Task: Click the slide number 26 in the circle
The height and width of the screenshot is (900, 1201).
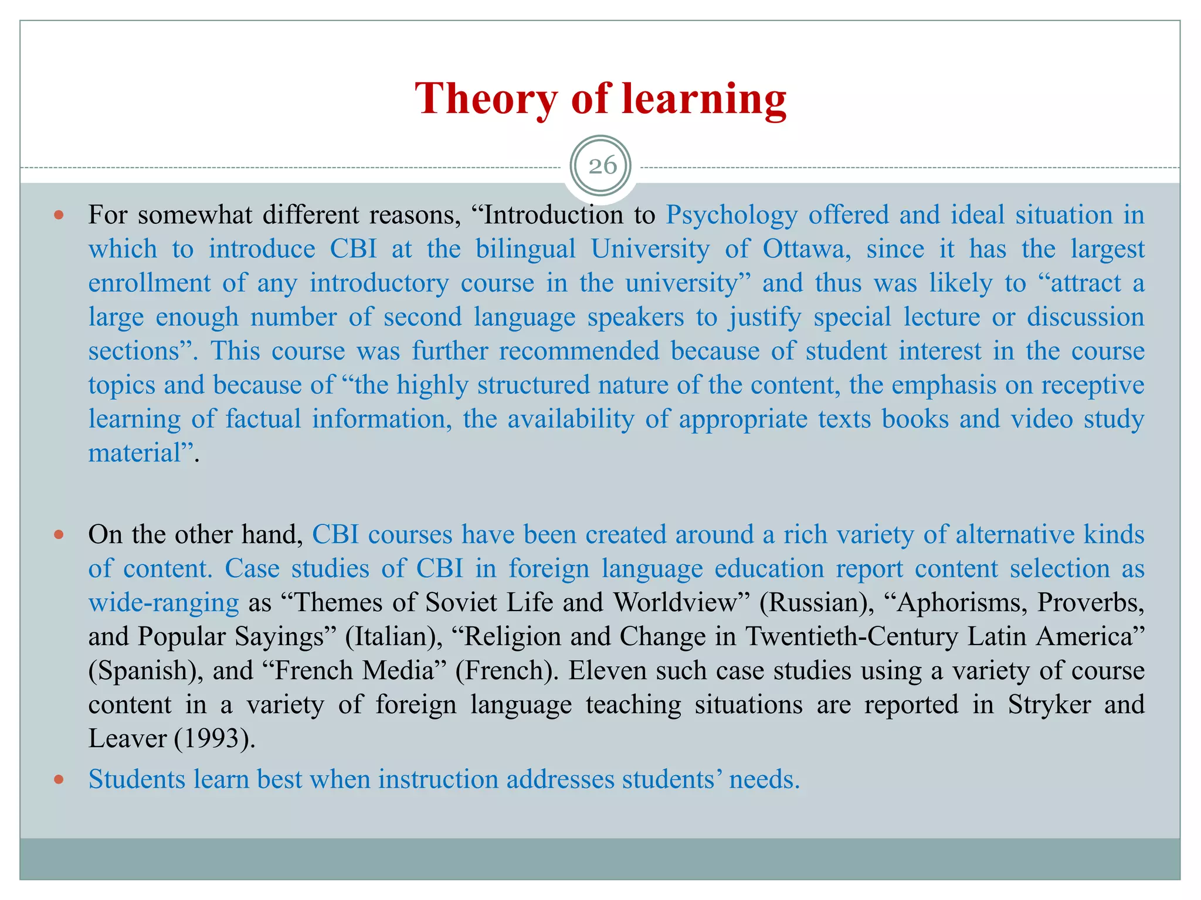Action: tap(602, 166)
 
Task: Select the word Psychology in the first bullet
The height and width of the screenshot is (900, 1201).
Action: tap(731, 215)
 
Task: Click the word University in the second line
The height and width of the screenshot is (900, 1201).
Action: tap(650, 249)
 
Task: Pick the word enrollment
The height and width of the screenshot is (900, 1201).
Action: tap(149, 283)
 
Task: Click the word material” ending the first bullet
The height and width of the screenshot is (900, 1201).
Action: tap(144, 453)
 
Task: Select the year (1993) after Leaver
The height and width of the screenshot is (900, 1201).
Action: tap(215, 738)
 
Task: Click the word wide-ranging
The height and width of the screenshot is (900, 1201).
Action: tap(164, 602)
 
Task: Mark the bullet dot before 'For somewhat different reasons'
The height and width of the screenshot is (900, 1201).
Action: tap(58, 215)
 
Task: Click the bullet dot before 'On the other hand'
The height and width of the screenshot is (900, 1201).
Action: tap(58, 534)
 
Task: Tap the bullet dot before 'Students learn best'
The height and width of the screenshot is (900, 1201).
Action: tap(58, 779)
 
